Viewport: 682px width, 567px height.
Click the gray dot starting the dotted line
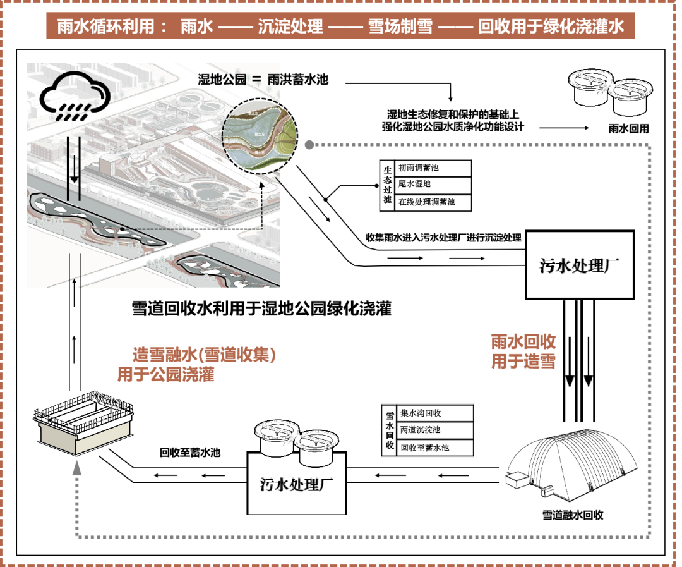coord(309,145)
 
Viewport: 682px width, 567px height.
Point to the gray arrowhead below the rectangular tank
coord(77,468)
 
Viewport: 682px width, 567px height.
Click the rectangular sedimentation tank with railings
coord(84,422)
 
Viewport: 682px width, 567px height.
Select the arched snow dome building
coord(571,466)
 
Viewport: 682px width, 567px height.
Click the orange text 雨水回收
coord(523,342)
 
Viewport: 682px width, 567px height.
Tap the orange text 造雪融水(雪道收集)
coord(204,355)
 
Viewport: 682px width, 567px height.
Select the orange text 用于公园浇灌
coord(165,375)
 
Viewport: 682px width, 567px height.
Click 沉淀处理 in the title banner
coord(290,27)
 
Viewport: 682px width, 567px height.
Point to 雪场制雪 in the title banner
coord(400,27)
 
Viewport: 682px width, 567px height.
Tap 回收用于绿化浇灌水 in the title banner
coord(551,27)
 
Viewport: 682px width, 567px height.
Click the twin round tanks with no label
coord(609,92)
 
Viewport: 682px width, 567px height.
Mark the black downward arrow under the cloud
coord(75,171)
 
